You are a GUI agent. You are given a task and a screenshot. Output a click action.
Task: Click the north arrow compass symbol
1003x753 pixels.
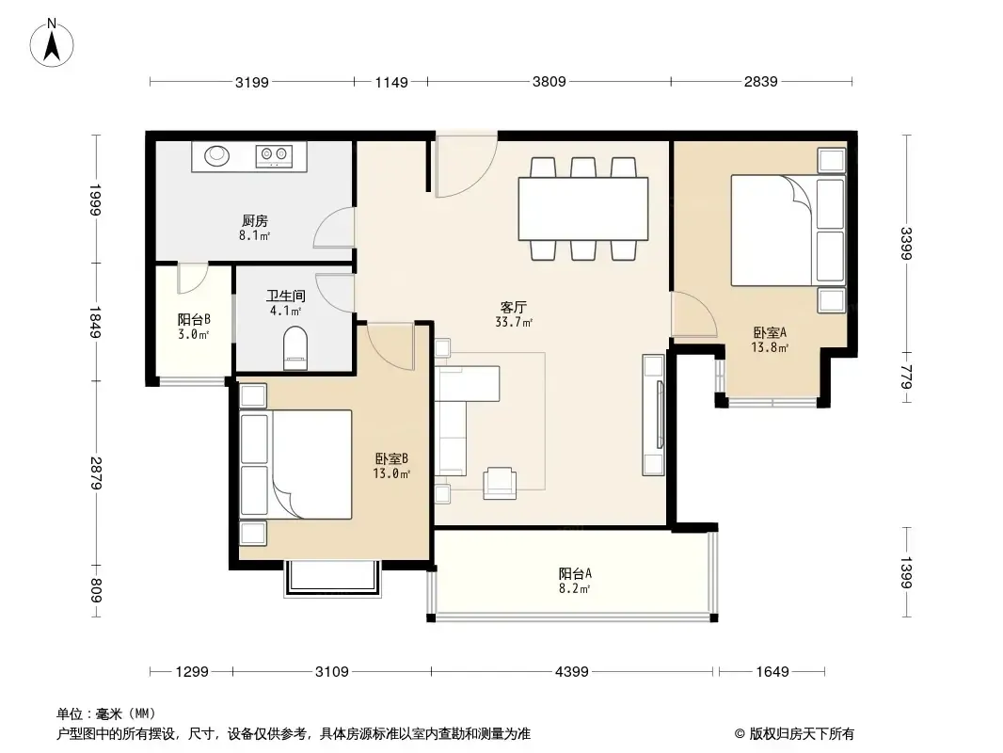[52, 43]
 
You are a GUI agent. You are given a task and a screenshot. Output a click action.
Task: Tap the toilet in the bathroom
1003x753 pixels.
[295, 348]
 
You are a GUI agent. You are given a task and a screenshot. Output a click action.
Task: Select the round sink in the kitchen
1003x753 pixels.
[216, 155]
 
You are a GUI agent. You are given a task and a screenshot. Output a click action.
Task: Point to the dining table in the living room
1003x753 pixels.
[582, 209]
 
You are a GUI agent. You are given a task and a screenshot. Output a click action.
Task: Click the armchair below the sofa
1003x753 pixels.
[500, 483]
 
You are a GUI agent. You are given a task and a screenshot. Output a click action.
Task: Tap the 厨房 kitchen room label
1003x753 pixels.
[255, 220]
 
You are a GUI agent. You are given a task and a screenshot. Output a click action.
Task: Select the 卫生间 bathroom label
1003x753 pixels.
[285, 296]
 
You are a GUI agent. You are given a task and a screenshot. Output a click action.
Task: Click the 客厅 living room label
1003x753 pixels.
[513, 308]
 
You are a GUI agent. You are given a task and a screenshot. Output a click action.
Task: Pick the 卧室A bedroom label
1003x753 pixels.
[770, 332]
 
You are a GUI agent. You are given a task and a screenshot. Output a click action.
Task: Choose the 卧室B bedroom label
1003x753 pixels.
[391, 458]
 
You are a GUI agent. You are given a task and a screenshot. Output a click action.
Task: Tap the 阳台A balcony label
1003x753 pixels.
[575, 574]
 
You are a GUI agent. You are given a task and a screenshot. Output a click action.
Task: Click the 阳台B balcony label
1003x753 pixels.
[194, 319]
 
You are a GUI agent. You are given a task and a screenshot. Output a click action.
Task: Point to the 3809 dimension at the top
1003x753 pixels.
[549, 82]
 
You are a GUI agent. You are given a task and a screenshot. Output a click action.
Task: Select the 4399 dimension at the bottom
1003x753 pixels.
[571, 672]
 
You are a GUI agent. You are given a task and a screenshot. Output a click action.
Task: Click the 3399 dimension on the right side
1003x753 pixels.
[905, 244]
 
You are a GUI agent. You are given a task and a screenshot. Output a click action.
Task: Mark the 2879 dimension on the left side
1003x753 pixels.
[95, 473]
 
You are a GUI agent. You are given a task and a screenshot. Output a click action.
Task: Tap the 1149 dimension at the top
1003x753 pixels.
[390, 82]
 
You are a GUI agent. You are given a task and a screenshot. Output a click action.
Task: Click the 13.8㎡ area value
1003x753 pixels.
[770, 347]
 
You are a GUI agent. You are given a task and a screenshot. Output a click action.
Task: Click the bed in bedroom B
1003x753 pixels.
[296, 464]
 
